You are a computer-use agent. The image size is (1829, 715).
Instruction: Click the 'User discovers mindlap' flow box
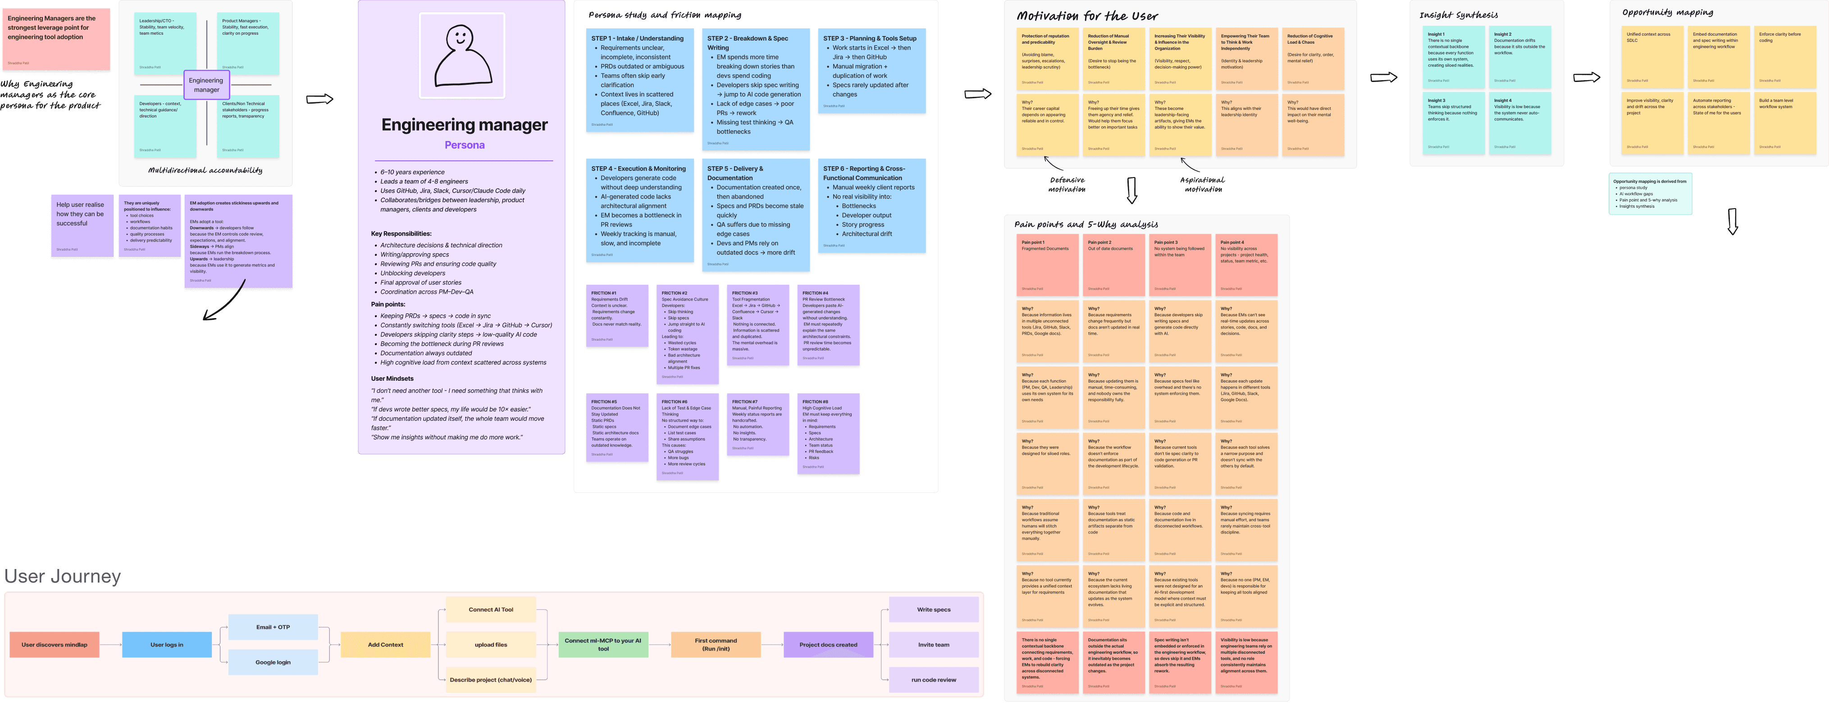pos(55,645)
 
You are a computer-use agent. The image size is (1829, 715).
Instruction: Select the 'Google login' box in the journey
pos(273,662)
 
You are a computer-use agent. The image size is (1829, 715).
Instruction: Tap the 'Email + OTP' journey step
pos(273,627)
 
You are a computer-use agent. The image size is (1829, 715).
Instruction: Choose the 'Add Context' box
pos(385,645)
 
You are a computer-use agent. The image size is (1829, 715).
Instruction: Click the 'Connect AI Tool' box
pos(491,609)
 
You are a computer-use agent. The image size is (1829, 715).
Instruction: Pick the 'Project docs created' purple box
pos(828,645)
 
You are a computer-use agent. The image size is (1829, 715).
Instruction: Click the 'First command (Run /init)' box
pos(716,645)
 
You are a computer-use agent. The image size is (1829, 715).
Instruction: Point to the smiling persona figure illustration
pos(462,56)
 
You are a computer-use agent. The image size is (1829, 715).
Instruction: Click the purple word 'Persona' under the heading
pos(465,145)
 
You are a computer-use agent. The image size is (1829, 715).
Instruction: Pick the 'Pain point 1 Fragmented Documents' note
pos(1047,264)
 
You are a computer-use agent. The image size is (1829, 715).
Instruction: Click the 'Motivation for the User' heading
pos(1086,16)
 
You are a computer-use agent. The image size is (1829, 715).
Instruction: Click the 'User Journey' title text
pos(63,577)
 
